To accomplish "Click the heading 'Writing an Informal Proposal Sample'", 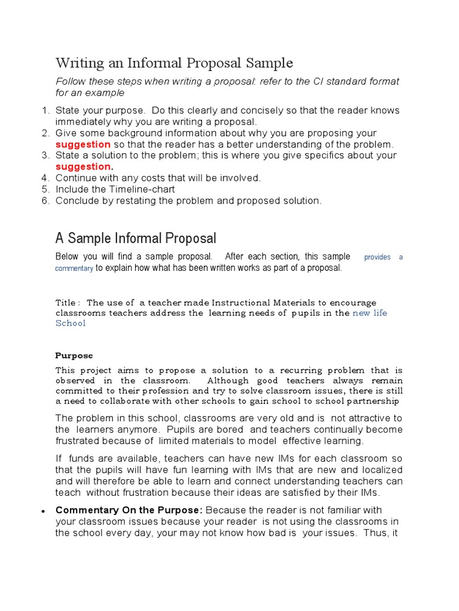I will (174, 63).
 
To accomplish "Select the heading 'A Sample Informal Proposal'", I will (136, 239).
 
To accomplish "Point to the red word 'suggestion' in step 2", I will (83, 144).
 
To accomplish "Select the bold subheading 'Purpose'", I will (74, 356).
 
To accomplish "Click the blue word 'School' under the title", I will (71, 323).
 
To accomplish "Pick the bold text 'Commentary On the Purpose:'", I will (129, 510).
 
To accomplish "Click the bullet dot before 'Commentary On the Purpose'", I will (44, 512).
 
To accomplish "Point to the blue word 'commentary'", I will (74, 269).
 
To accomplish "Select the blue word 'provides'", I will (377, 257).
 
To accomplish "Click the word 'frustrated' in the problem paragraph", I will (81, 441).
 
